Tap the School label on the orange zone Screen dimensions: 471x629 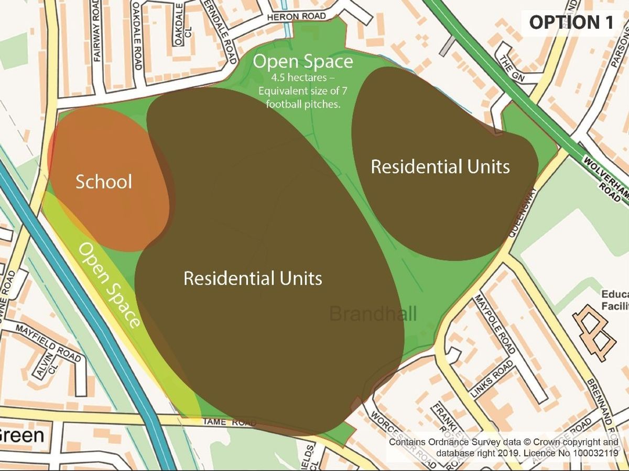104,182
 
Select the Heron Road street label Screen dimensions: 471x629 296,17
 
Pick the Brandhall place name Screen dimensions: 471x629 373,314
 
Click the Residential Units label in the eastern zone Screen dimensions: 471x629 440,166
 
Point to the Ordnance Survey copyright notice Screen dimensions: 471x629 503,447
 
